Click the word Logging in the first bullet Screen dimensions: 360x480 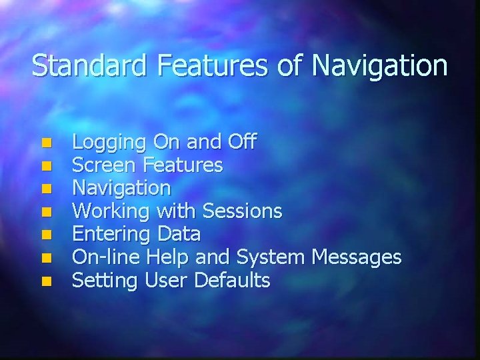(x=109, y=143)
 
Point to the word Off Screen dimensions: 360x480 (x=241, y=141)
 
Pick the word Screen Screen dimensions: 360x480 (x=103, y=164)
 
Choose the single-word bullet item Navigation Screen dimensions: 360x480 (x=121, y=188)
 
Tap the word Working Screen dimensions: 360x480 (x=111, y=212)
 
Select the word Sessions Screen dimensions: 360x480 (x=242, y=211)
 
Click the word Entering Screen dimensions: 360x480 (x=111, y=235)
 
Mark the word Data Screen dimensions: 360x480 (x=179, y=234)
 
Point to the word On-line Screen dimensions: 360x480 (x=103, y=257)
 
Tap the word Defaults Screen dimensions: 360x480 (x=232, y=280)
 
